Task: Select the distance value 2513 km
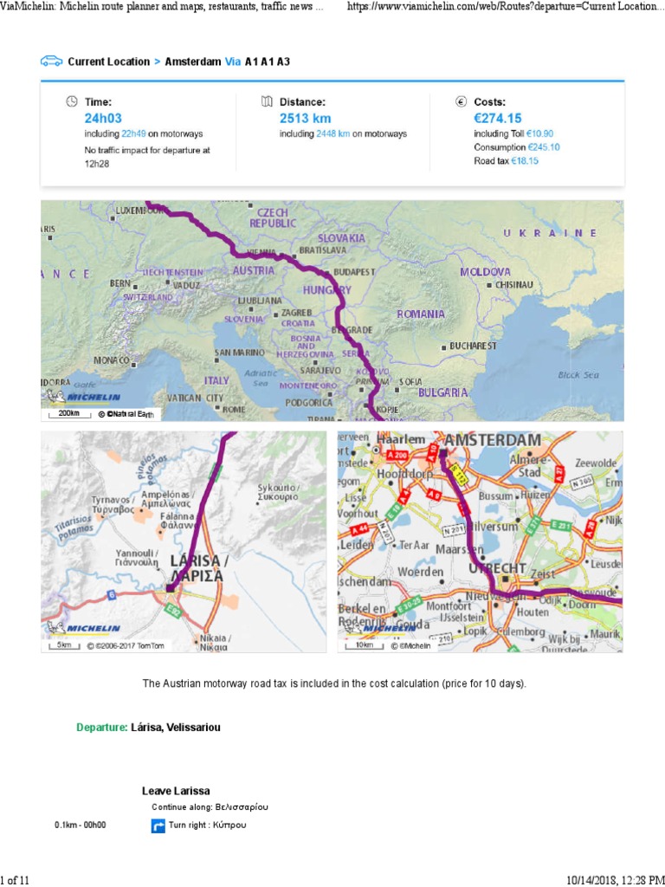(305, 118)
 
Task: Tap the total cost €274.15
(498, 118)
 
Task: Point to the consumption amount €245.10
(543, 147)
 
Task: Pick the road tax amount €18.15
(525, 160)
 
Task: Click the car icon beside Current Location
(51, 62)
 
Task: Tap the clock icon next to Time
(72, 101)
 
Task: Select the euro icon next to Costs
(462, 101)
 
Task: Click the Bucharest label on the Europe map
(473, 346)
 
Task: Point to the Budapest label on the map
(353, 271)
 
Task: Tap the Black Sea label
(578, 375)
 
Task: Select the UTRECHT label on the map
(497, 568)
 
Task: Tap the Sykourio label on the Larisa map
(278, 492)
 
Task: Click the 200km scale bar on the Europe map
(69, 414)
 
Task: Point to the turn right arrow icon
(158, 826)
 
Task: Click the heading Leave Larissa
(176, 791)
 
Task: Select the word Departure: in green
(102, 728)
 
